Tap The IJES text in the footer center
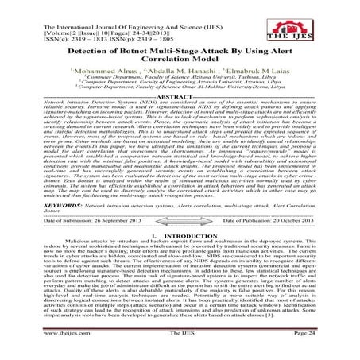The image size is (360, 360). (x=179, y=353)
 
